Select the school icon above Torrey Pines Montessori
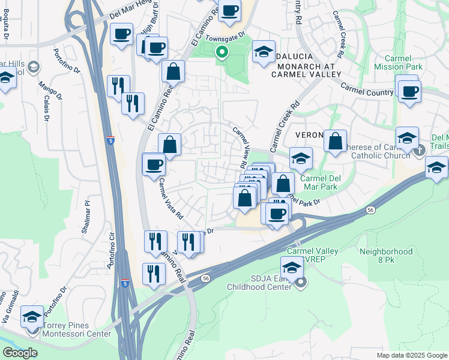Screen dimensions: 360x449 (x=31, y=316)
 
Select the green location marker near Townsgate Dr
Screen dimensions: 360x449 (x=221, y=53)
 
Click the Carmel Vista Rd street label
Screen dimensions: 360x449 (x=171, y=199)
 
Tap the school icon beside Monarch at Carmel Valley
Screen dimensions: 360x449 (x=264, y=52)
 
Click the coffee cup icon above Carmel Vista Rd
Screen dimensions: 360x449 (x=154, y=164)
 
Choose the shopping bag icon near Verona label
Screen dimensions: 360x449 (x=336, y=141)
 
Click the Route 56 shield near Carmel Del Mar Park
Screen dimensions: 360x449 (x=369, y=209)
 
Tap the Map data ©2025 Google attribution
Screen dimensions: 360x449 (x=412, y=355)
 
